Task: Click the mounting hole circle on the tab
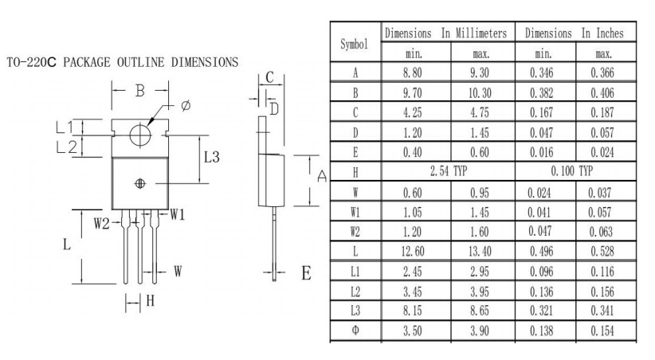tap(140, 135)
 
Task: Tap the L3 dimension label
tap(211, 158)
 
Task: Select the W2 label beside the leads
tap(101, 224)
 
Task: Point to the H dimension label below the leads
tap(151, 301)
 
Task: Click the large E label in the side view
tap(306, 273)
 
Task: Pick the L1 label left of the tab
tap(65, 127)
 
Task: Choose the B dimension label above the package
tap(140, 91)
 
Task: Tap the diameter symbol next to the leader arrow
tap(186, 105)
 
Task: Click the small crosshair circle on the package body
tap(140, 183)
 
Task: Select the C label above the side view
tap(269, 77)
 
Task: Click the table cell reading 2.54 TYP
tap(449, 171)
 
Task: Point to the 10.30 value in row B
tap(480, 92)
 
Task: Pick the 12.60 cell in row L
tap(413, 252)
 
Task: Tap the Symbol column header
tap(354, 45)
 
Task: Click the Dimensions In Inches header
tap(575, 33)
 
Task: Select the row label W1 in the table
tap(355, 212)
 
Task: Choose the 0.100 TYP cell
tap(572, 171)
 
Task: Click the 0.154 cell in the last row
tap(602, 331)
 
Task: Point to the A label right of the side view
tap(322, 176)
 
